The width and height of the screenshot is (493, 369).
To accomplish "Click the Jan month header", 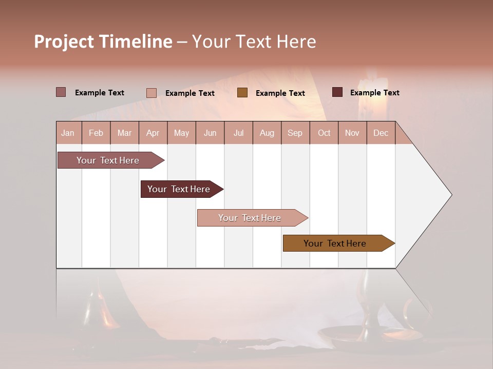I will [68, 133].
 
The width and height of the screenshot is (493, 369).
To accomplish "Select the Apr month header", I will [153, 133].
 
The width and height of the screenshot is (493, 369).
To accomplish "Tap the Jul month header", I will [238, 133].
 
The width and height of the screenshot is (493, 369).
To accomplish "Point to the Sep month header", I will [295, 133].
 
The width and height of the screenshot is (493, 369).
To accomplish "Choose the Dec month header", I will [381, 133].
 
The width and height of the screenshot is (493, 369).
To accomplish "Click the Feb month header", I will [96, 133].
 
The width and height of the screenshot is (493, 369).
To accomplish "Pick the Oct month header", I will [324, 133].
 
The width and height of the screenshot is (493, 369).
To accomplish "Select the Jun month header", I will [210, 133].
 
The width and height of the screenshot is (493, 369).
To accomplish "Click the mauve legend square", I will [61, 92].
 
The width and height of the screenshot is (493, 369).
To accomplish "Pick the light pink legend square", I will [151, 93].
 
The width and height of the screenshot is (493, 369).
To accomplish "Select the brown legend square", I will [242, 93].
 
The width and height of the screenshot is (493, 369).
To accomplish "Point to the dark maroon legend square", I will [337, 92].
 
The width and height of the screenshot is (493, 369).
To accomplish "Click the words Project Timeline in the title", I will [103, 42].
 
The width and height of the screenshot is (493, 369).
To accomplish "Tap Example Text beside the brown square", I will [280, 93].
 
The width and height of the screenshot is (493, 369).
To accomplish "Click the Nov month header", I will [352, 133].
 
